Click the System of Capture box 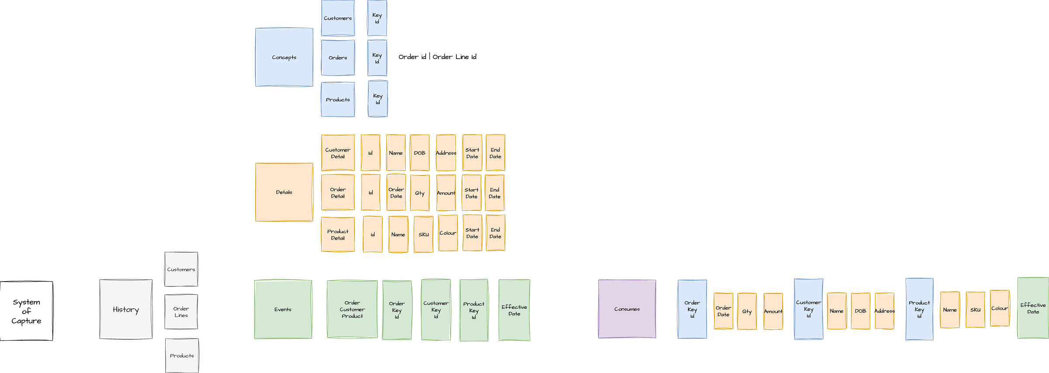[26, 311]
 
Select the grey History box [126, 309]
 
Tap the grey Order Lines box [181, 312]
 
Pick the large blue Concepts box [284, 57]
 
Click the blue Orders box [338, 58]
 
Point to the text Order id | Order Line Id [437, 57]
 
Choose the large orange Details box [284, 192]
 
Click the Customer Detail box [338, 153]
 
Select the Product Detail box [338, 234]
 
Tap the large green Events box [283, 309]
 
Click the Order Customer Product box [352, 309]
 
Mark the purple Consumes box [627, 309]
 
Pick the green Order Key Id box [397, 310]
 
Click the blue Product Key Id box [919, 309]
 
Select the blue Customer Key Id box [809, 309]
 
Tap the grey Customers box [181, 269]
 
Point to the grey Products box [182, 356]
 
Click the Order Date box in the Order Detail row [396, 193]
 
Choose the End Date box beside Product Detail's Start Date [495, 233]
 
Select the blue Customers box [338, 18]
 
